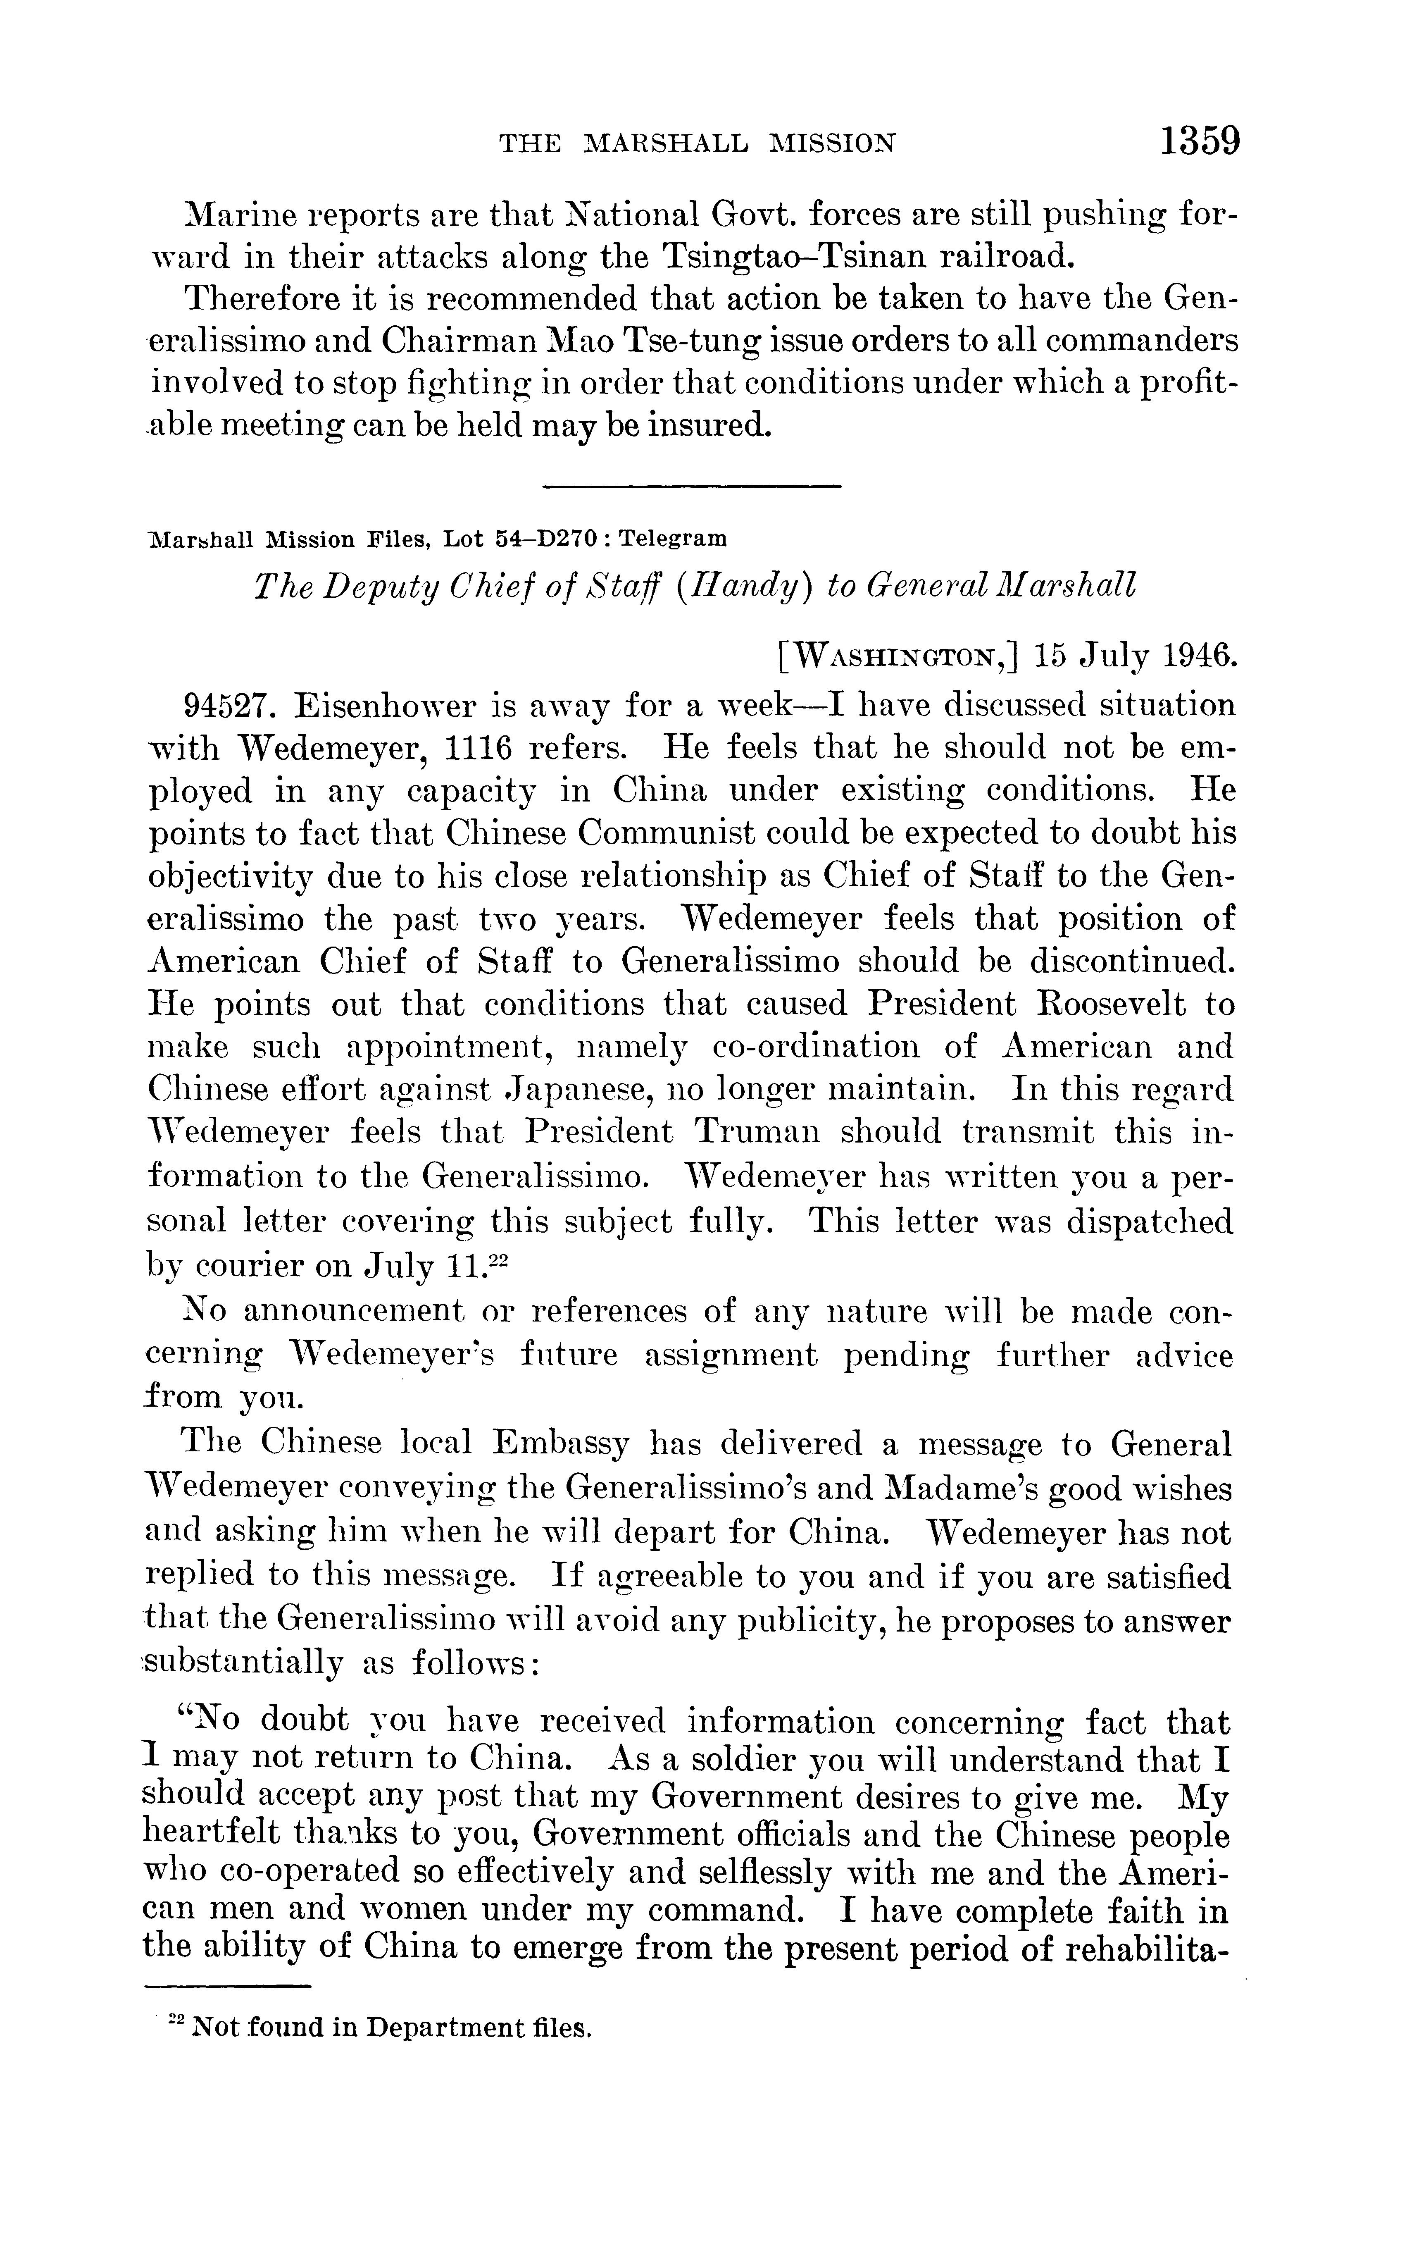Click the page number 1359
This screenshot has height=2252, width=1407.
1200,142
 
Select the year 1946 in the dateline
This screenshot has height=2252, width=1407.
1200,655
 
